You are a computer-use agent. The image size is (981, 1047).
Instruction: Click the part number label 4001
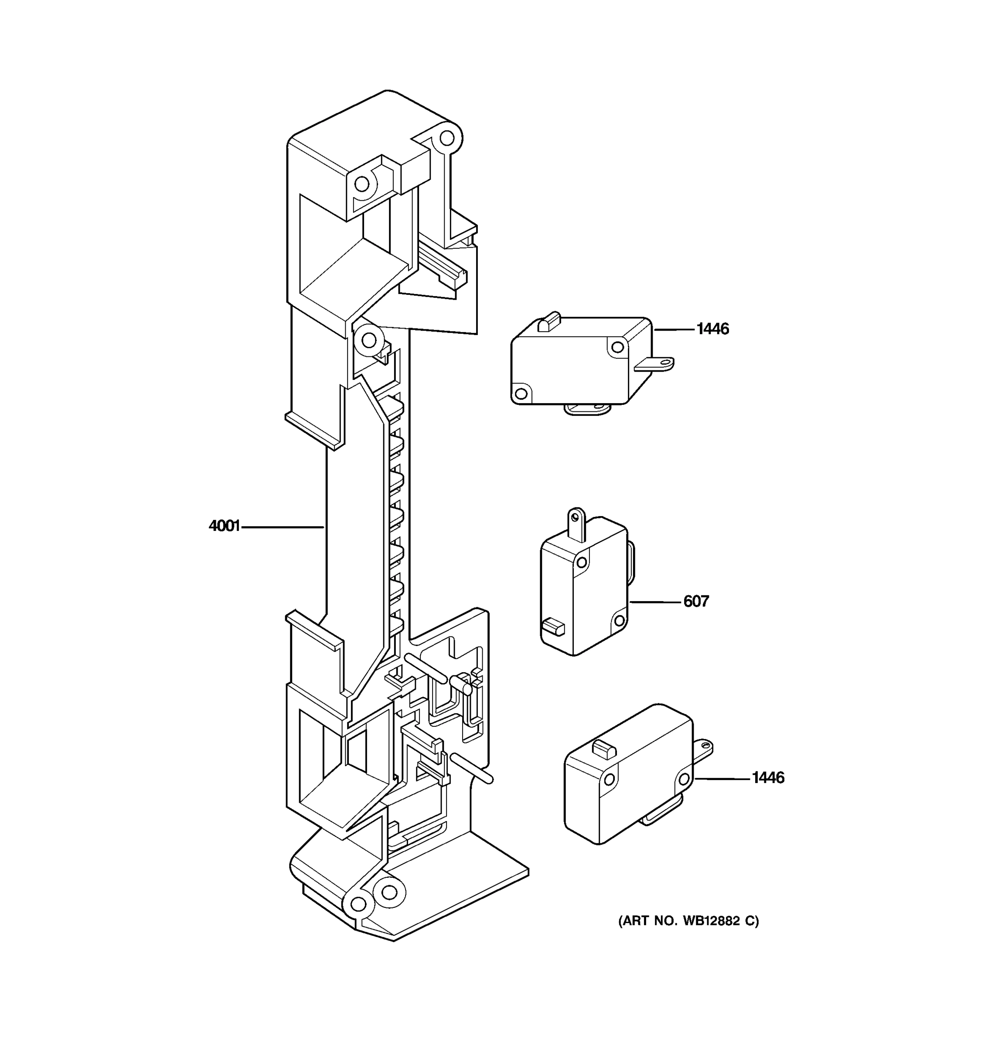pos(224,526)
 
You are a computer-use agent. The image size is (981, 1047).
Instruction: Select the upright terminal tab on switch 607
pos(577,523)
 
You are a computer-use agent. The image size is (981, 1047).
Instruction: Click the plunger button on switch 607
pos(552,627)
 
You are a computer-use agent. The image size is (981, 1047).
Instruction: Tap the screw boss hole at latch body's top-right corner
pos(447,139)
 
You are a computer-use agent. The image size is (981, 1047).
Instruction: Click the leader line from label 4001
pos(282,526)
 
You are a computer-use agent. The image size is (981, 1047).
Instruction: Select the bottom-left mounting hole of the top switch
pos(521,393)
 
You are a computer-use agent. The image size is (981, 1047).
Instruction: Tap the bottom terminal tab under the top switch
pos(587,409)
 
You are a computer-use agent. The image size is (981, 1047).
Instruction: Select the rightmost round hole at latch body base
pos(389,892)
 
